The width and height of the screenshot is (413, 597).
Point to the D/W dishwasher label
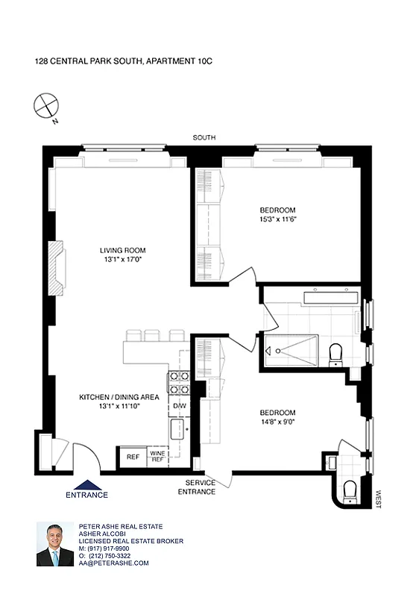pos(179,406)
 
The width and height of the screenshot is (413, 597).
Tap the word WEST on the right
pos(379,499)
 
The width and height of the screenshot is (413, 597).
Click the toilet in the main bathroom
pos(335,350)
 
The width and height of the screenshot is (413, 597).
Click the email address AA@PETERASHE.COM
pos(114,563)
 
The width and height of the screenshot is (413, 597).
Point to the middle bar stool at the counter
pos(155,335)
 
